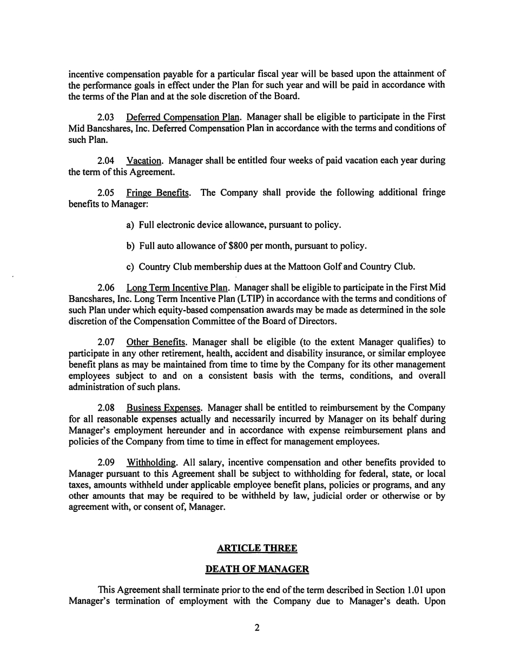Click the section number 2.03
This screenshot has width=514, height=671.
coord(106,117)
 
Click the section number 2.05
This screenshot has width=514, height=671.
coord(106,193)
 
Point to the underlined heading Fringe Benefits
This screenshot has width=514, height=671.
coord(157,193)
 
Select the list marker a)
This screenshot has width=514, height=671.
coord(130,225)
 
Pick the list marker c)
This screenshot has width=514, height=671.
coord(130,267)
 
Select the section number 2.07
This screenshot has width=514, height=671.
coord(106,342)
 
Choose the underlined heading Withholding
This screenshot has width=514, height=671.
coord(151,463)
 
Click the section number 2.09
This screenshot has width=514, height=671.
coord(106,463)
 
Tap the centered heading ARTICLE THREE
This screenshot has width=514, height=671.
coord(257,549)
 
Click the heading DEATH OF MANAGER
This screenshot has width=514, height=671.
coord(257,569)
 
